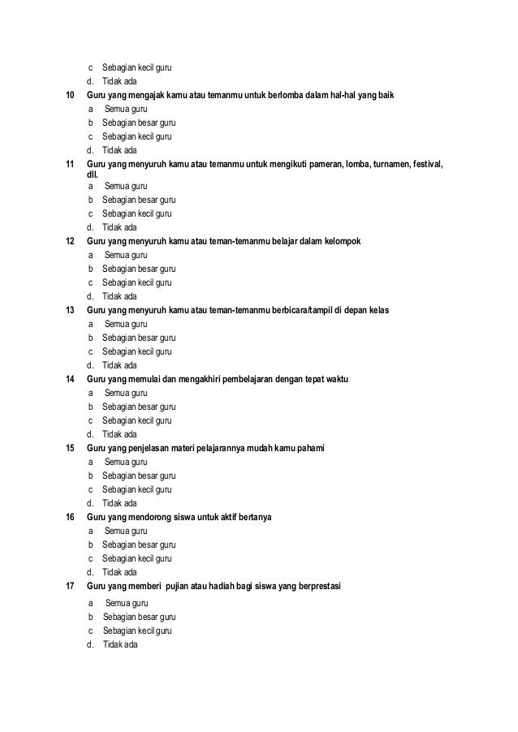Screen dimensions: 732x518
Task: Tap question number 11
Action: point(70,166)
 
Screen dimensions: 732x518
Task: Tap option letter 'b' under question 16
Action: point(91,545)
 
